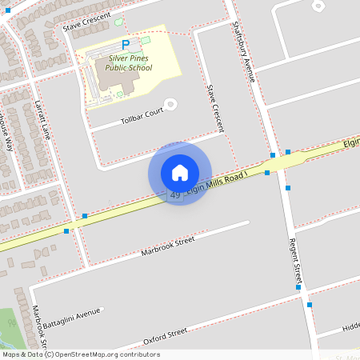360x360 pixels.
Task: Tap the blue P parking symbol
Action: (124, 46)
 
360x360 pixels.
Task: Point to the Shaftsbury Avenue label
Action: (242, 51)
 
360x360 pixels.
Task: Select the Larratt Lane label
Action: (42, 119)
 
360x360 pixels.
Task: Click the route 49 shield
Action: (175, 194)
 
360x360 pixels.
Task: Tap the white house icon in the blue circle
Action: (180, 172)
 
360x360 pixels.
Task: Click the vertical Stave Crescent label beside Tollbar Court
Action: (215, 109)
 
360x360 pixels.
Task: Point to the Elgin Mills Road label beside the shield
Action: (218, 182)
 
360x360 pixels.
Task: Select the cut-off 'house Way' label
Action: (6, 132)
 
